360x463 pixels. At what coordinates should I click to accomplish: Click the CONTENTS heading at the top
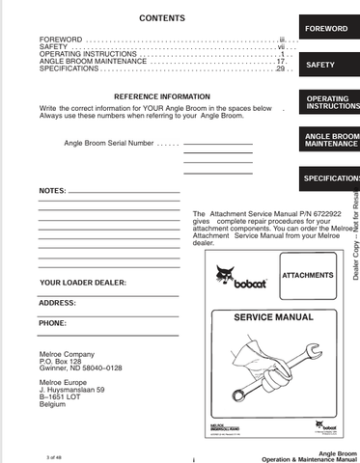162,18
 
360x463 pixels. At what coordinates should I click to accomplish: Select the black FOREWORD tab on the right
326,29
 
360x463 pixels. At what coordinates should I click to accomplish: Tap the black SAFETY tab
320,66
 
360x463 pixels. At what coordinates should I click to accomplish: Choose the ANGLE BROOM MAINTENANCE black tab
330,141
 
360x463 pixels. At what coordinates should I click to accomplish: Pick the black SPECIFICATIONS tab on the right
330,178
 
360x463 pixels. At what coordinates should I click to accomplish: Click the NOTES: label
53,190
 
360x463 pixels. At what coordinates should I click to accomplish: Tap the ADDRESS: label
58,303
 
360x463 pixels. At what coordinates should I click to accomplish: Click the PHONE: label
53,323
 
